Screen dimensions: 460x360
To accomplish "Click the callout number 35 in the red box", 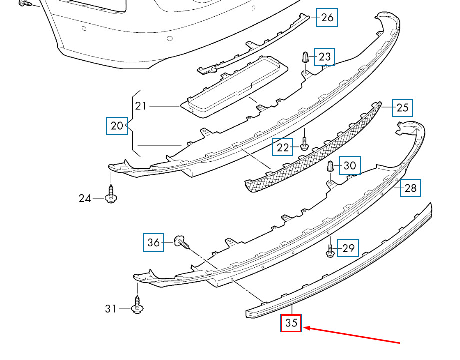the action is (x=291, y=323).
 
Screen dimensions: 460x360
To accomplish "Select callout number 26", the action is (x=327, y=18).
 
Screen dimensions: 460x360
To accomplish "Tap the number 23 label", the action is (x=325, y=57).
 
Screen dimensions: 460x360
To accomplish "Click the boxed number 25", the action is (x=402, y=108).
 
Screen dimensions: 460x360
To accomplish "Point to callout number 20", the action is (x=117, y=126).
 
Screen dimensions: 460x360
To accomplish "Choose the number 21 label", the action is (x=141, y=106).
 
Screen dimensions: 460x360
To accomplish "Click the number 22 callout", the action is (x=283, y=147).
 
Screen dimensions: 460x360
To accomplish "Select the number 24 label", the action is (x=85, y=199).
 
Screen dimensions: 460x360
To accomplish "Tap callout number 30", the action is (x=350, y=166).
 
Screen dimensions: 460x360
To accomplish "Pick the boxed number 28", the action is (x=410, y=188).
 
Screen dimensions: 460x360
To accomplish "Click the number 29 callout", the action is (x=348, y=248).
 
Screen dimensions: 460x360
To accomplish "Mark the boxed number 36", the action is (x=153, y=243).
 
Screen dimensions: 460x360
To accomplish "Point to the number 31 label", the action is (x=110, y=309).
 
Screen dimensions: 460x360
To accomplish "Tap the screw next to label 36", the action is (x=182, y=242).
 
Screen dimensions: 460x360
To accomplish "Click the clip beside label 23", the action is (x=305, y=57).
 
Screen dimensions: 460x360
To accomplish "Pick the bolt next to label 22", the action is (x=304, y=144).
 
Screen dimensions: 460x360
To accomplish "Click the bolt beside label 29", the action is (x=330, y=251).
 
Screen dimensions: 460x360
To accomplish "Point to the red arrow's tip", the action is (x=303, y=327).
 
